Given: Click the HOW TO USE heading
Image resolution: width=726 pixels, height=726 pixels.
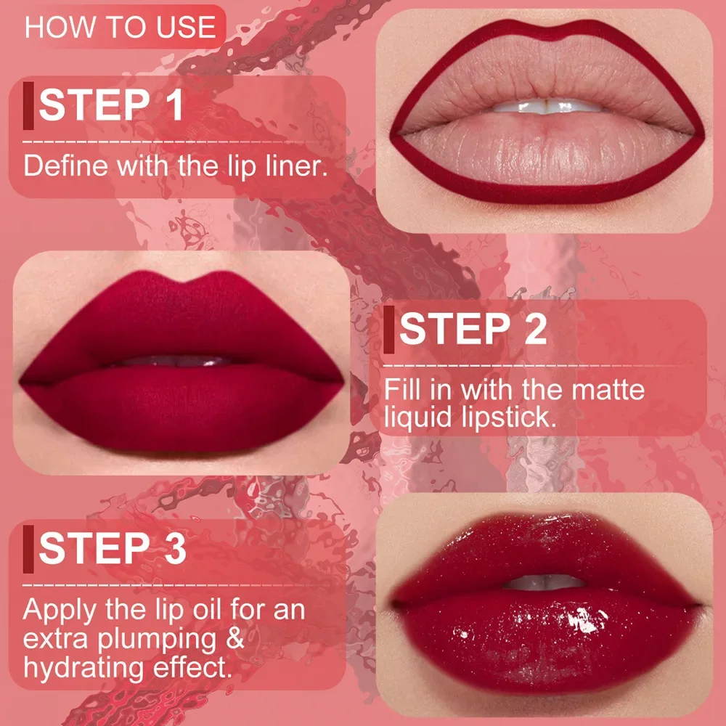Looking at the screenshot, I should pos(121,27).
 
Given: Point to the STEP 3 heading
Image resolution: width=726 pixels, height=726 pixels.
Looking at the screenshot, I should pos(113,547).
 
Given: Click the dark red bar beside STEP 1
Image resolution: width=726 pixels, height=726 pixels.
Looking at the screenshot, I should pos(28,106).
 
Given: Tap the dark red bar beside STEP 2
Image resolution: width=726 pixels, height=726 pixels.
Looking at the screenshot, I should pos(389,330).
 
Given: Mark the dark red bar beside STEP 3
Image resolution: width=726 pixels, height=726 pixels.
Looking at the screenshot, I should pos(28,548).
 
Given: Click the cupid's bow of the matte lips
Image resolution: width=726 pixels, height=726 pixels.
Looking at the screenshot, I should pos(181,280).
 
